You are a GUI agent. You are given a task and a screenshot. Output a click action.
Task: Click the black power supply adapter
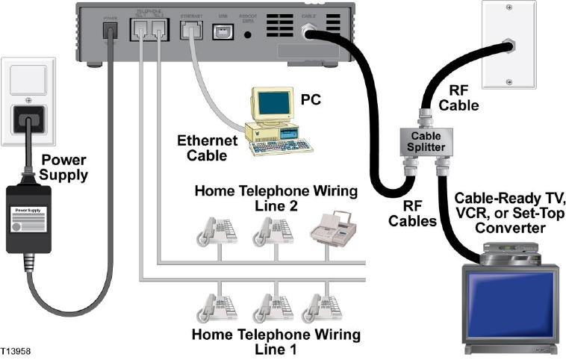(x=28, y=217)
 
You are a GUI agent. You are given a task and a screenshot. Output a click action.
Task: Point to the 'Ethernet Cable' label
(x=207, y=146)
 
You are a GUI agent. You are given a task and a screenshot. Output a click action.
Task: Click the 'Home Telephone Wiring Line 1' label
(x=276, y=341)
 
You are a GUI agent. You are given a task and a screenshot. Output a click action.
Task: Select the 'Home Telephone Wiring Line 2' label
(x=268, y=198)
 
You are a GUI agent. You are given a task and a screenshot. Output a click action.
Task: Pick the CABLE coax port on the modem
(x=307, y=32)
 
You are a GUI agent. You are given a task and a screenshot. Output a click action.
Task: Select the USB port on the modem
(x=223, y=32)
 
